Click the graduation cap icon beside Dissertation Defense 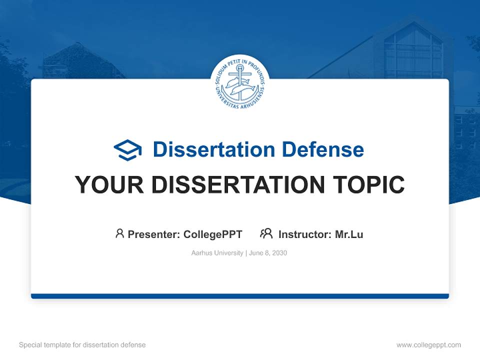pos(128,149)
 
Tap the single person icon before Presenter pos(119,233)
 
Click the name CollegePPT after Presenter pos(213,234)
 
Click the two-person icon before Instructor pos(266,233)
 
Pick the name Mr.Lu pos(349,234)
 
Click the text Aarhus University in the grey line pos(217,253)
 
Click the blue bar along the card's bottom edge pos(240,296)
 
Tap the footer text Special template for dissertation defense pos(82,345)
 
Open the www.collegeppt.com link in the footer pos(428,345)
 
